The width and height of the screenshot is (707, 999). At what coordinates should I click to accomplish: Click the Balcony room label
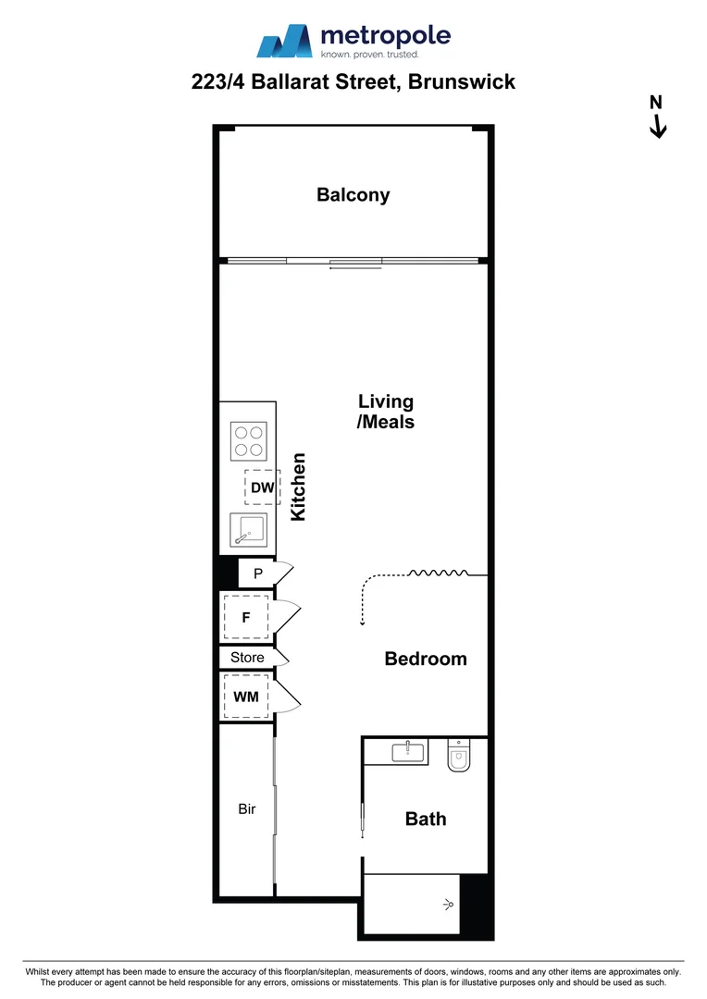(x=353, y=195)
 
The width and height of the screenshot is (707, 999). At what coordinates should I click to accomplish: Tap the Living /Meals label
(x=386, y=412)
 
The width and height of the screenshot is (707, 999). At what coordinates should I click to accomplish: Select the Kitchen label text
(x=299, y=487)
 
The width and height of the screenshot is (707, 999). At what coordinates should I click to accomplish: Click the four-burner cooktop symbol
(x=248, y=440)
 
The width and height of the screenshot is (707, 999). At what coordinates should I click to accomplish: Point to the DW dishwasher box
(x=262, y=487)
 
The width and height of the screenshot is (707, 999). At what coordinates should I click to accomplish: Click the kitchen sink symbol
(x=248, y=531)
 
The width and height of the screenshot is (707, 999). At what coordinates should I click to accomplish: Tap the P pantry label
(x=258, y=573)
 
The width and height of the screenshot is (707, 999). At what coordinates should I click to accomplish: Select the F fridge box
(x=246, y=619)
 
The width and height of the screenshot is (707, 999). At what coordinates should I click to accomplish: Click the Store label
(x=247, y=658)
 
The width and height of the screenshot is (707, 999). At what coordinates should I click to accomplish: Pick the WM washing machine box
(x=245, y=697)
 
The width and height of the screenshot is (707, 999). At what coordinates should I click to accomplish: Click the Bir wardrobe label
(x=246, y=809)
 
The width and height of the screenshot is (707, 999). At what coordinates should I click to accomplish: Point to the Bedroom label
(x=426, y=659)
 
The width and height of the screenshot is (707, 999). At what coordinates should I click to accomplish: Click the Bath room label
(x=426, y=819)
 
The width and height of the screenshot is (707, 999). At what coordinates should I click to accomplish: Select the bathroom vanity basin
(x=409, y=751)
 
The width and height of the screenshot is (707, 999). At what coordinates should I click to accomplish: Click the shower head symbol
(x=450, y=904)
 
